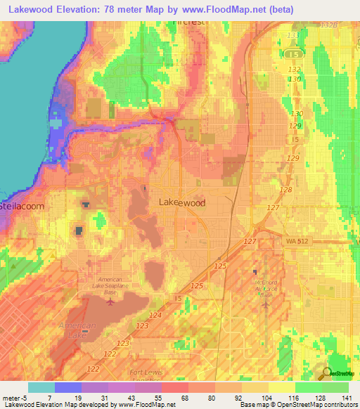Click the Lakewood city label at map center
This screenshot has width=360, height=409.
point(182,202)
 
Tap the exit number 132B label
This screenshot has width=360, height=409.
point(329,25)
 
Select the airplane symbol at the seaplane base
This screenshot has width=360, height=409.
point(110,303)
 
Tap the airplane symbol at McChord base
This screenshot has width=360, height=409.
point(255,271)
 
